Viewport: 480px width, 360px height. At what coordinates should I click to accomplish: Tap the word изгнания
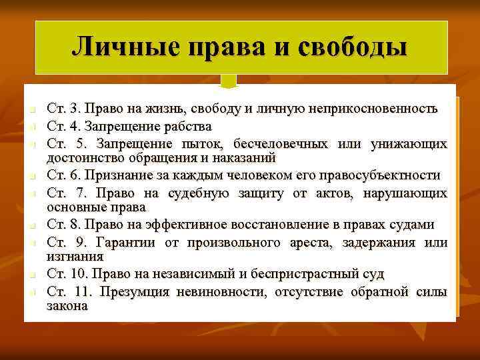[x=75, y=255]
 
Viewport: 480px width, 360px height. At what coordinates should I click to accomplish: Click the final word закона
[x=67, y=305]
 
